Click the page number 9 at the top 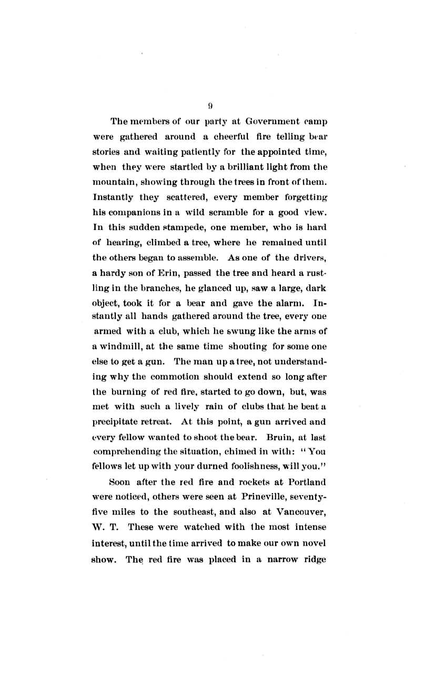point(210,106)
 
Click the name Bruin point(280,437)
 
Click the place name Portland point(308,497)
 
